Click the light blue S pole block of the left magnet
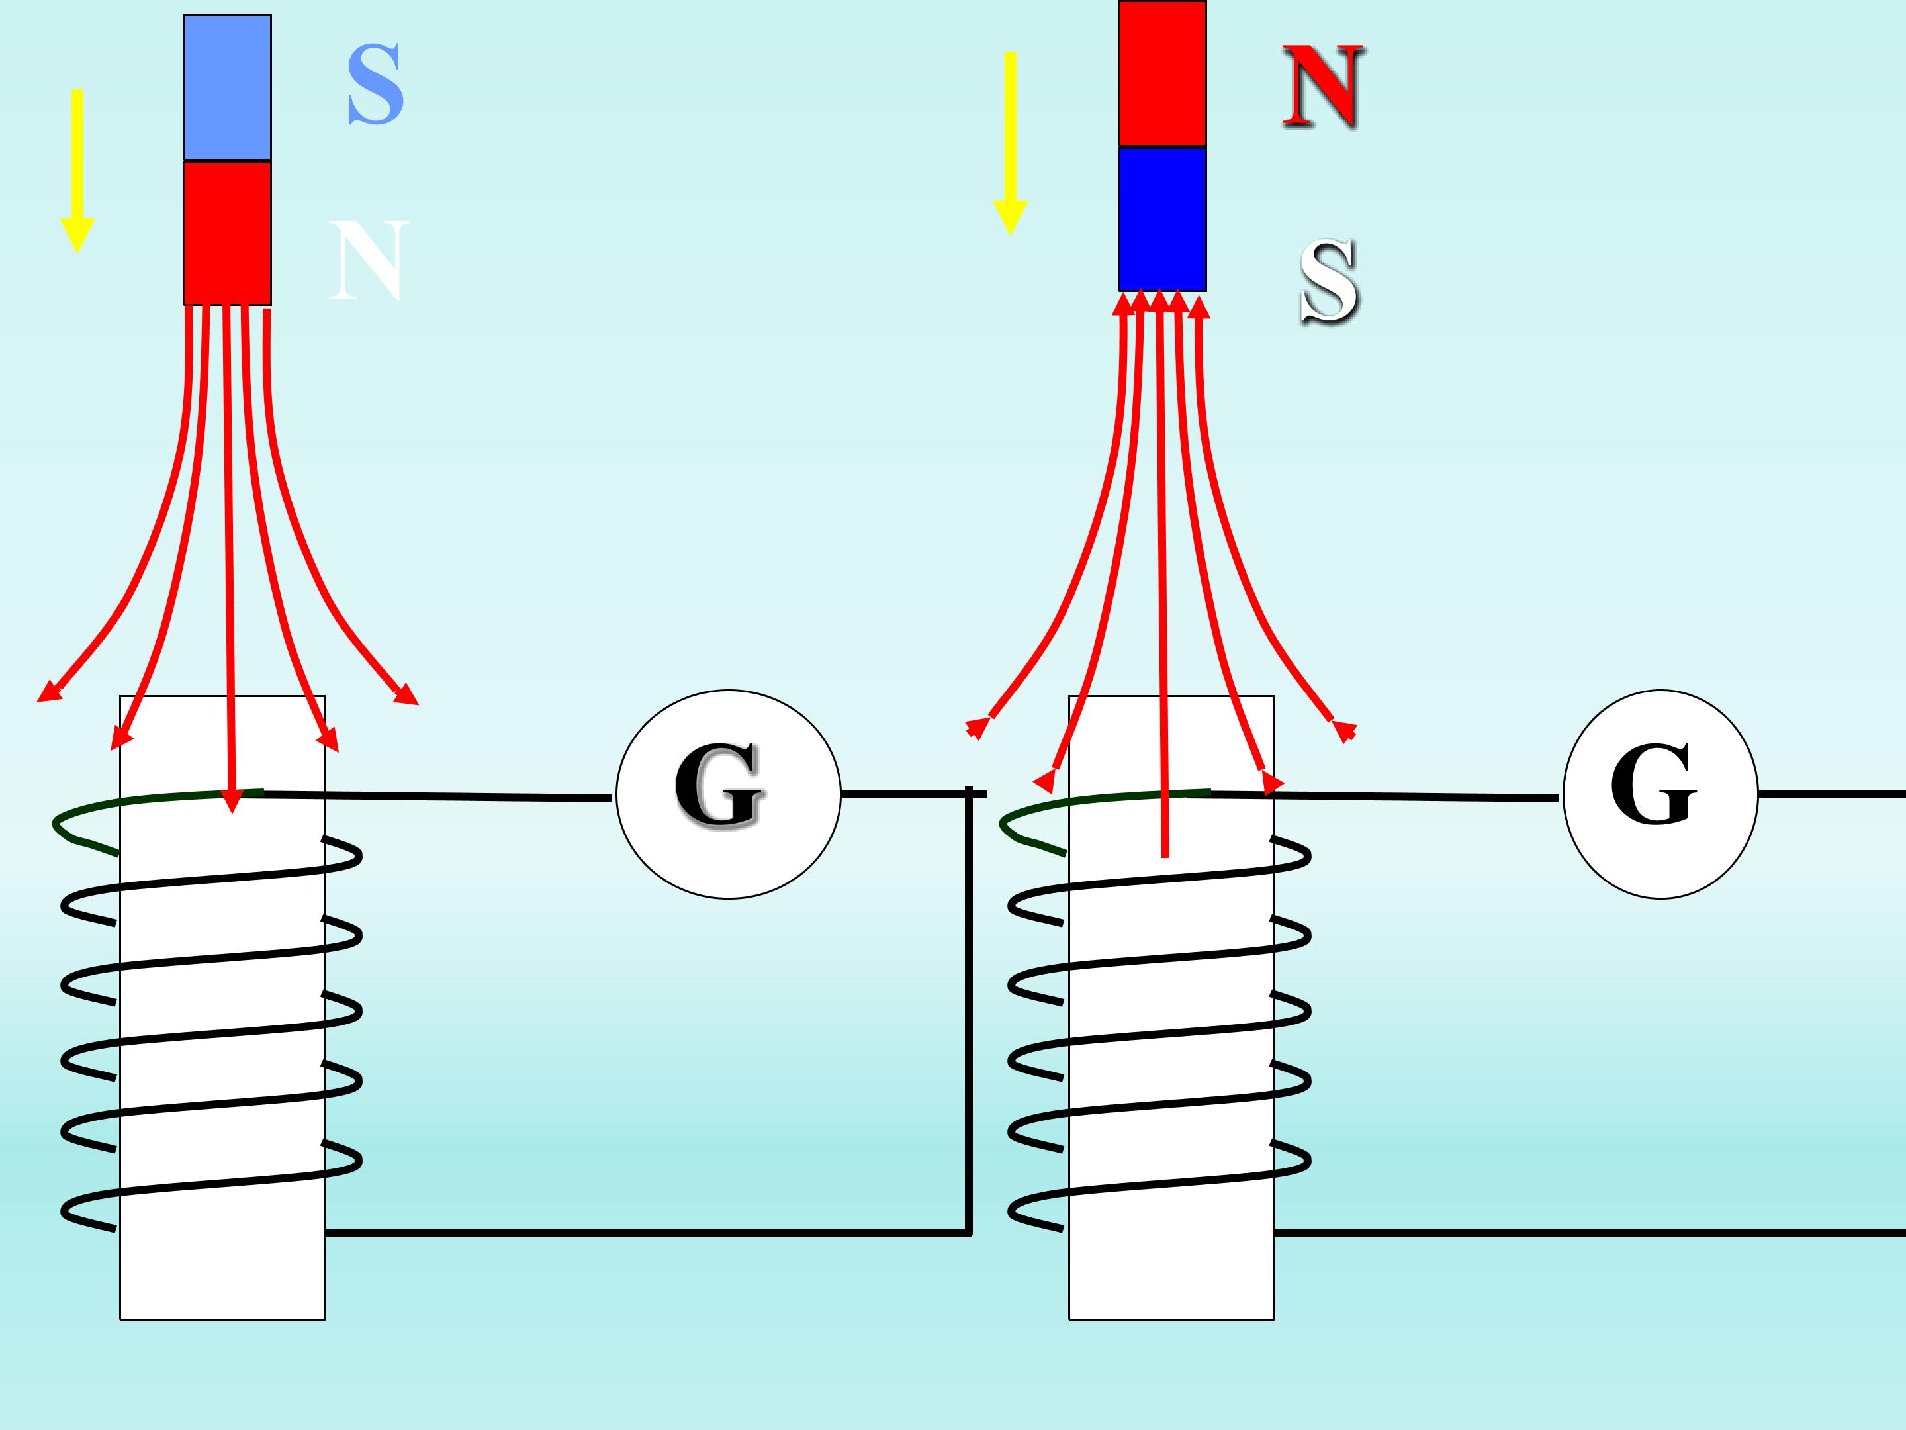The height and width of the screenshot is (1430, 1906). [228, 87]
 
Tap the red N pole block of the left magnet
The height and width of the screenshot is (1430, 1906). [228, 233]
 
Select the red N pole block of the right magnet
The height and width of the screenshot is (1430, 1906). [1162, 73]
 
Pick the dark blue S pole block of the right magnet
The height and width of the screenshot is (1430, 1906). [1162, 219]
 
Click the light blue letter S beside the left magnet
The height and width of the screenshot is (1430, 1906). [376, 85]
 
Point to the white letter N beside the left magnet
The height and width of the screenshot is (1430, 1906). [369, 260]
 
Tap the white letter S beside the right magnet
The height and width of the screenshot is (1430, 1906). [1330, 283]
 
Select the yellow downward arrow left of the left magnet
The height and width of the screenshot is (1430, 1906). [77, 171]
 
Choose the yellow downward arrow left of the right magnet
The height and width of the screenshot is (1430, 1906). [1011, 143]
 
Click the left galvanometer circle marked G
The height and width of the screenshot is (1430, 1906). [728, 794]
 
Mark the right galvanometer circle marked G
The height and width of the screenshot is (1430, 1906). [1660, 794]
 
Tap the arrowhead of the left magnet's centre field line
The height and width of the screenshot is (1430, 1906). [231, 800]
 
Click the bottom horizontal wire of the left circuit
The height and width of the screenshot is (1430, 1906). [647, 1233]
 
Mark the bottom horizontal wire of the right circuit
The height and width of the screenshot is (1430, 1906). [1590, 1233]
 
